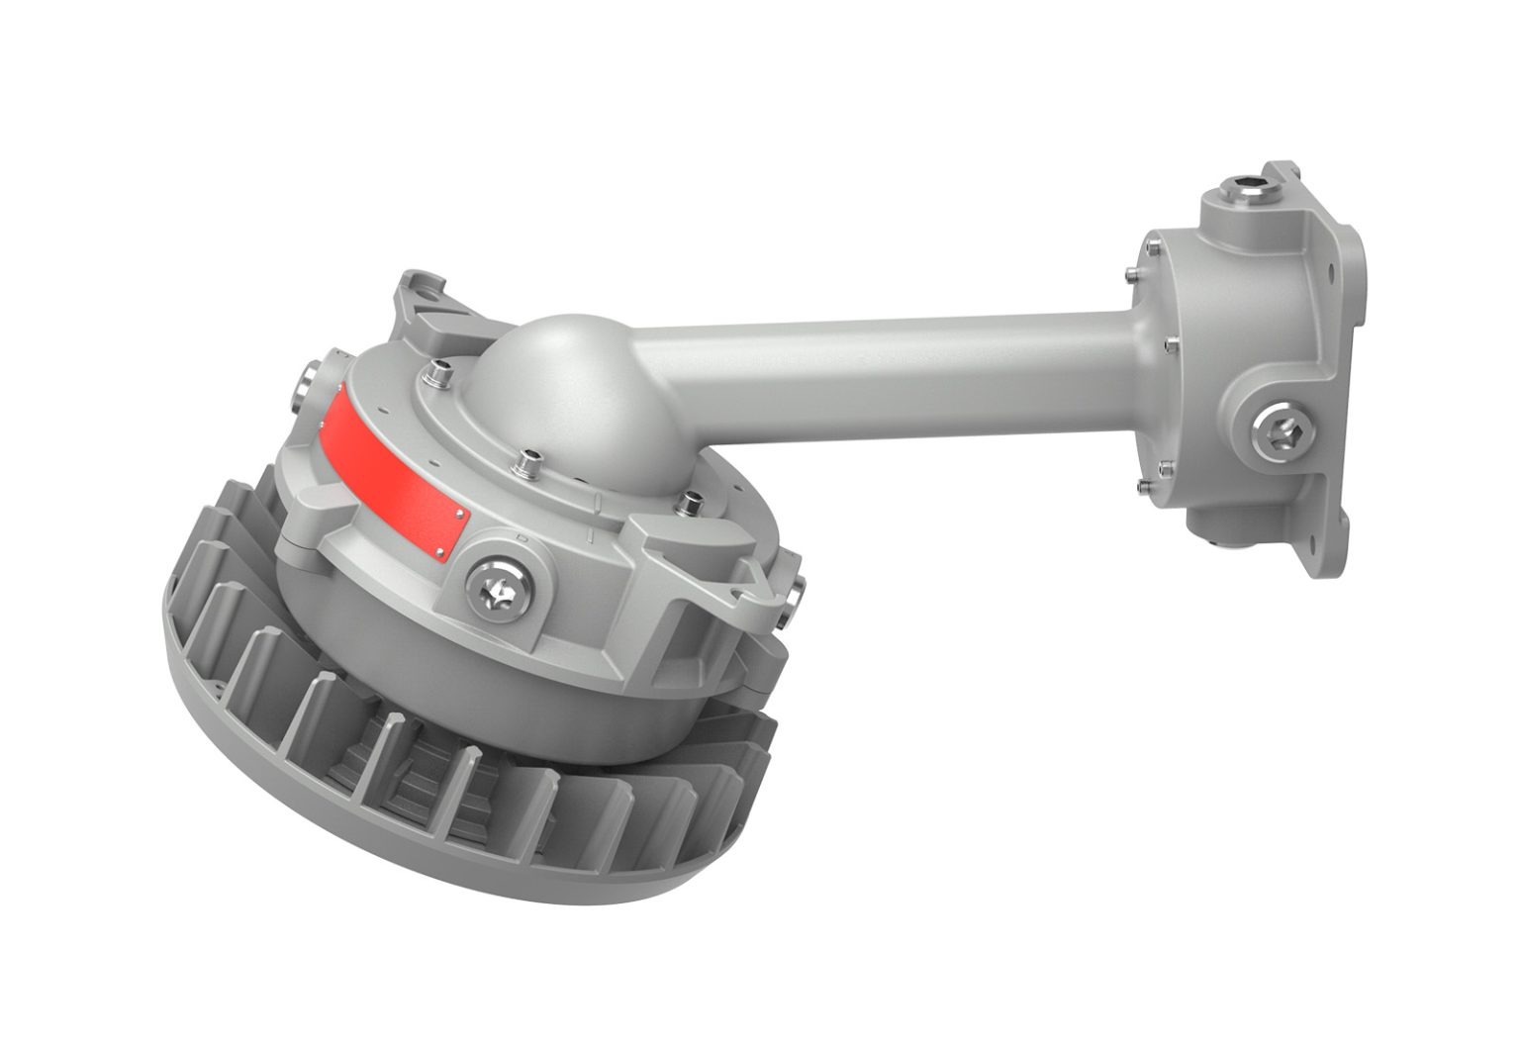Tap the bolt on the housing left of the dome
coord(434,373)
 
